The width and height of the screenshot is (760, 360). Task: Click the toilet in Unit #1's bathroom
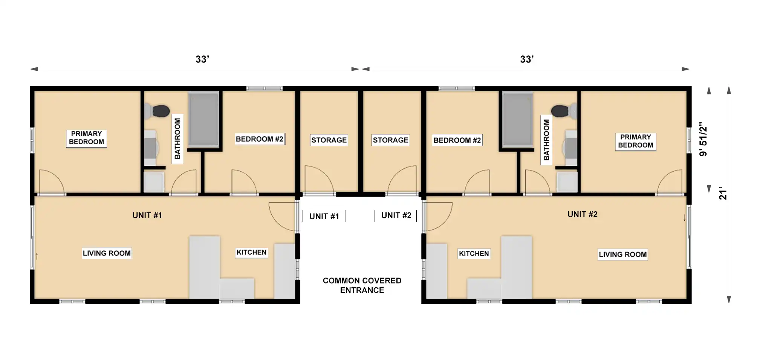(x=157, y=111)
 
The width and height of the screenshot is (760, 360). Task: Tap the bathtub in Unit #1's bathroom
(x=203, y=119)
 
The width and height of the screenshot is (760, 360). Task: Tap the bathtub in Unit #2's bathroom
(x=518, y=119)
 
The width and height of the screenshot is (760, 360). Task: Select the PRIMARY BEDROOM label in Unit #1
(x=86, y=138)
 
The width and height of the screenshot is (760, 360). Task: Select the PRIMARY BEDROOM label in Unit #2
(x=636, y=141)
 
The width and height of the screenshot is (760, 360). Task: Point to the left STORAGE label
(x=329, y=140)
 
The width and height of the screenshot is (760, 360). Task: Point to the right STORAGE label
(x=390, y=140)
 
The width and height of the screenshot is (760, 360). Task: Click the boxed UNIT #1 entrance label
(x=324, y=216)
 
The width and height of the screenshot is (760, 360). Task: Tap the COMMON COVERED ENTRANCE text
(x=362, y=285)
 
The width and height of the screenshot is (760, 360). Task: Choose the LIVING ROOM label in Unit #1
(x=107, y=253)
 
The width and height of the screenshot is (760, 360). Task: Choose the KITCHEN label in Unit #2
(x=474, y=253)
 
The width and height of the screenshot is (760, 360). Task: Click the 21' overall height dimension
(x=723, y=193)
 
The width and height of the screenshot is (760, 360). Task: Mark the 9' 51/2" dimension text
(x=703, y=139)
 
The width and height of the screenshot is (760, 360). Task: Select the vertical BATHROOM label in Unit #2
(x=546, y=140)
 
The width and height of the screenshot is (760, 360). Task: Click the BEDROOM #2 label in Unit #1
(x=259, y=139)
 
